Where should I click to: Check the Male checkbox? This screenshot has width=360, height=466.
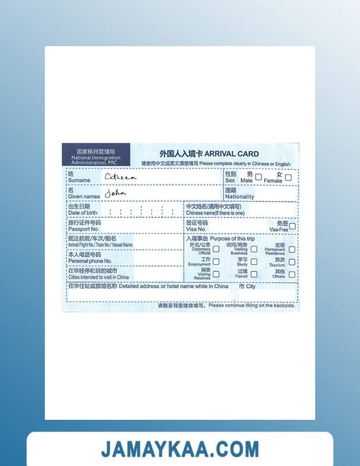(x=258, y=177)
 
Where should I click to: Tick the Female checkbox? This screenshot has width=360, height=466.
(x=288, y=177)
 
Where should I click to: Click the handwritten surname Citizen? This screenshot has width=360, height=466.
(x=120, y=177)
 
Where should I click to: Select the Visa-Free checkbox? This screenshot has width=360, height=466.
(x=292, y=226)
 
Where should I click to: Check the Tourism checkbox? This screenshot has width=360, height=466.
(x=292, y=262)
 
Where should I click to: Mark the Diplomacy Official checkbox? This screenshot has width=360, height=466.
(x=216, y=249)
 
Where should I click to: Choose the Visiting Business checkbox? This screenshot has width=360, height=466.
(x=254, y=249)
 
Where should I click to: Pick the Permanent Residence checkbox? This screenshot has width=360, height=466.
(x=292, y=249)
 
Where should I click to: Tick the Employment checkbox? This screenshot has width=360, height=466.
(x=216, y=261)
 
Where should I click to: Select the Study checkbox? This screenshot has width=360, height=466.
(x=254, y=262)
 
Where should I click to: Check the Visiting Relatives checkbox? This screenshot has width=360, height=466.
(x=216, y=274)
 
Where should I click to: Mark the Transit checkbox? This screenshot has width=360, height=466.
(x=254, y=274)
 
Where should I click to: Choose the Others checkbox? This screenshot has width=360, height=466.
(x=292, y=274)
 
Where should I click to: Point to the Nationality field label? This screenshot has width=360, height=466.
(x=239, y=197)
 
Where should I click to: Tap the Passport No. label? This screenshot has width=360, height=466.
(x=84, y=229)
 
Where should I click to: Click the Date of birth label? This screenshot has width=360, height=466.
(x=83, y=213)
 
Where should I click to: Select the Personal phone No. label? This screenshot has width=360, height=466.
(x=90, y=261)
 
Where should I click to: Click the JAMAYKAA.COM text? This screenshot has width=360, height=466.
(x=180, y=450)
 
